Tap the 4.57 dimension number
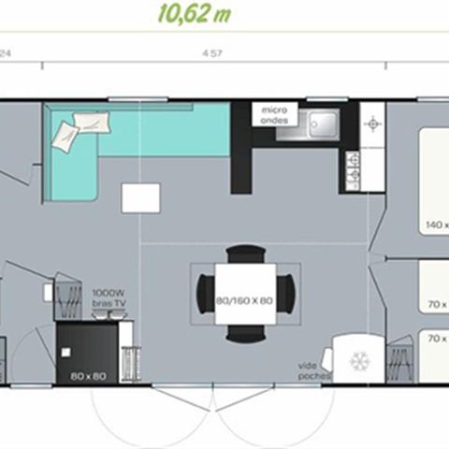(x=211, y=54)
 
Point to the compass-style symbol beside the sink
(x=372, y=123)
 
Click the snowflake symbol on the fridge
(x=359, y=360)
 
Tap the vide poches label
(x=311, y=369)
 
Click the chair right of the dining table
(x=294, y=293)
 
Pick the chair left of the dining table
(x=203, y=293)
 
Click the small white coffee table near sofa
(x=140, y=197)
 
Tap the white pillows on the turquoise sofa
(x=75, y=129)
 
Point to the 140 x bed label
(x=435, y=225)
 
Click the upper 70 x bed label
(x=435, y=305)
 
